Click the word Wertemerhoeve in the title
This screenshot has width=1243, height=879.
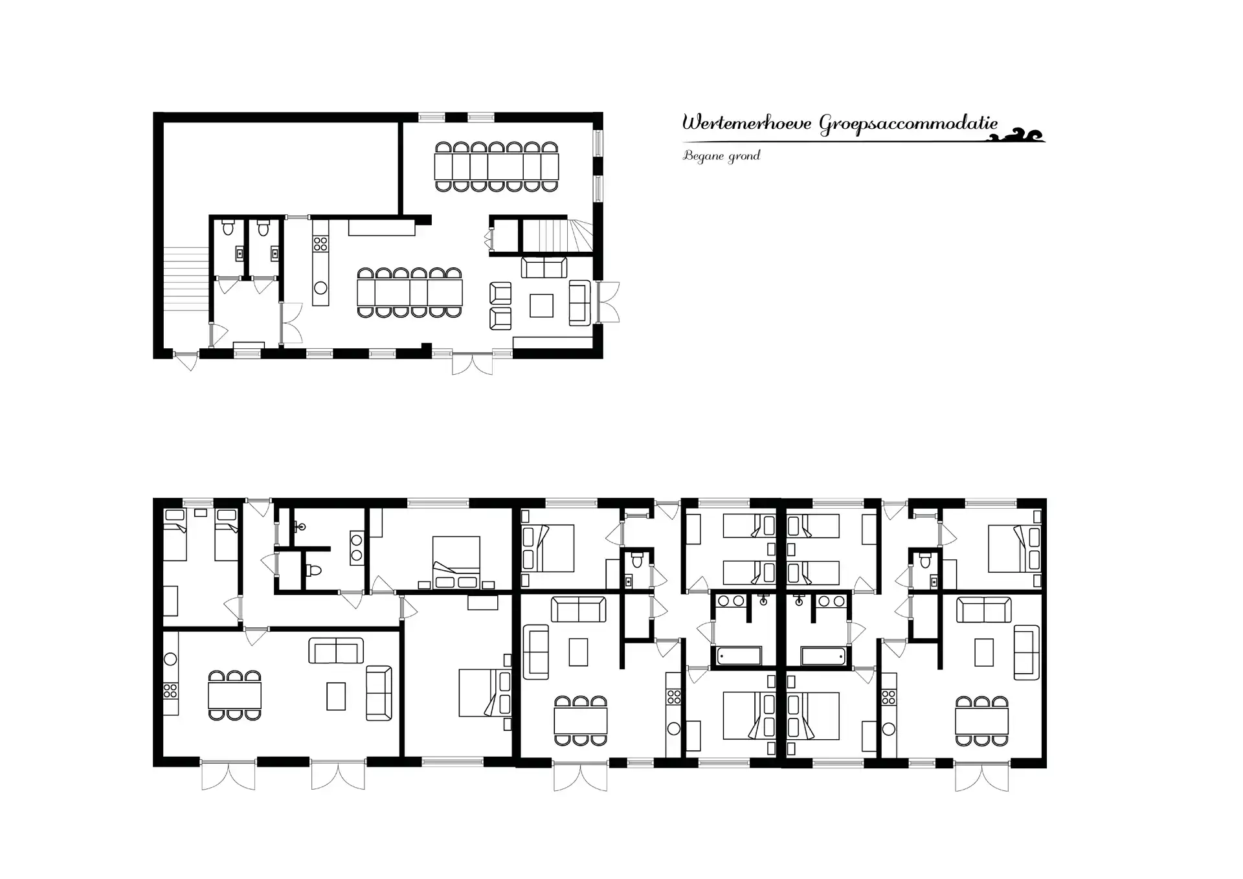pyautogui.click(x=747, y=122)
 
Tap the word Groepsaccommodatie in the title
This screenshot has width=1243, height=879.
pyautogui.click(x=908, y=124)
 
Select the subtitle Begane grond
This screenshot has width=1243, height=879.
pyautogui.click(x=721, y=156)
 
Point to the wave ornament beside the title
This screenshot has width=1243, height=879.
pyautogui.click(x=1022, y=135)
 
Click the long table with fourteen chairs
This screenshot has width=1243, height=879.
pyautogui.click(x=497, y=167)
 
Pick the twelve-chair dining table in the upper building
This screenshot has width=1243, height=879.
pyautogui.click(x=410, y=293)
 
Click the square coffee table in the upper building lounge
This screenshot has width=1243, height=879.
pyautogui.click(x=541, y=306)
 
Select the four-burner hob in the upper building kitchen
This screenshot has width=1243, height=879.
pyautogui.click(x=320, y=244)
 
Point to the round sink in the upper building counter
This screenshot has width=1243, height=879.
pyautogui.click(x=320, y=288)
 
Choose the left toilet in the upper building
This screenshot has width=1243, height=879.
pyautogui.click(x=228, y=228)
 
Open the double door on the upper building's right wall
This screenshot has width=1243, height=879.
pyautogui.click(x=609, y=302)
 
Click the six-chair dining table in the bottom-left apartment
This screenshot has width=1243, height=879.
pyautogui.click(x=235, y=696)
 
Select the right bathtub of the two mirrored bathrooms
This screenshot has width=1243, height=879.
pyautogui.click(x=823, y=656)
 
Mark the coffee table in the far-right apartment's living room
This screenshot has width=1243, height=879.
pyautogui.click(x=984, y=652)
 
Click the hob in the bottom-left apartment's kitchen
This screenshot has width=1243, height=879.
pyautogui.click(x=170, y=691)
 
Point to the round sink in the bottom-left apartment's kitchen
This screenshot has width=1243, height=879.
pyautogui.click(x=170, y=659)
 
